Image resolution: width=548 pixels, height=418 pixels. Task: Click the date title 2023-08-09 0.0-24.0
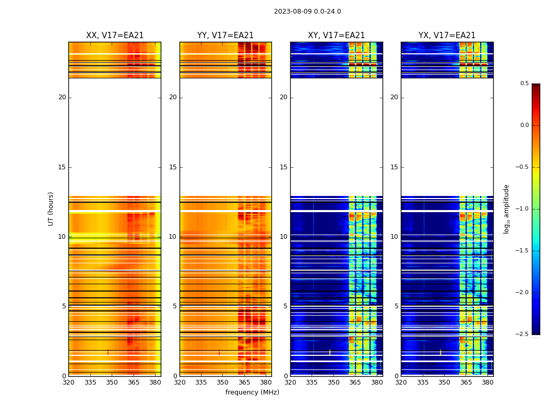coord(307,11)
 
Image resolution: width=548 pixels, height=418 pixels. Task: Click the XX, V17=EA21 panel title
coord(115,36)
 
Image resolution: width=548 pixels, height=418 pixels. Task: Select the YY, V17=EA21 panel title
coord(225,36)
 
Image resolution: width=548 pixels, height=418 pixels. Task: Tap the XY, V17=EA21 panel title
coord(336,36)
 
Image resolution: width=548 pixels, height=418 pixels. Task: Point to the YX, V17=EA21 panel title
coord(447,36)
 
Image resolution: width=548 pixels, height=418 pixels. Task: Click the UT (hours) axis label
coord(51,208)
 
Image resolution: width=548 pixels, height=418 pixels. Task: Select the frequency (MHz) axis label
coord(252,392)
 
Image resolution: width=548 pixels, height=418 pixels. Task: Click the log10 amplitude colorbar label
coord(506,208)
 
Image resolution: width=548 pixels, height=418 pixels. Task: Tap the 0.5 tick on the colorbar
coord(524,84)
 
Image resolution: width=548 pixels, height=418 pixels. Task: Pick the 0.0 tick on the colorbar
coord(524,125)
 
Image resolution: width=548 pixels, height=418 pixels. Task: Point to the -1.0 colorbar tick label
coord(522,209)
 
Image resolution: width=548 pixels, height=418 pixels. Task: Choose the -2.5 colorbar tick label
coord(522,334)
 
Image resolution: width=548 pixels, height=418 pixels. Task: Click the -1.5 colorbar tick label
coord(522,251)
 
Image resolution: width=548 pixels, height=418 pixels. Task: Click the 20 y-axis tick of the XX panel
coord(62,97)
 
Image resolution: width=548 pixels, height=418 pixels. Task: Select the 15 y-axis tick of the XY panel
coord(283,167)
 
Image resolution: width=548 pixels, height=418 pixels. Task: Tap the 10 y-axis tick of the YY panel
coord(173,237)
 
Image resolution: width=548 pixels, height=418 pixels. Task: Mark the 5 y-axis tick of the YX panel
coord(397,306)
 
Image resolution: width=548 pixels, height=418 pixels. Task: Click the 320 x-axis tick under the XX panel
coord(68,382)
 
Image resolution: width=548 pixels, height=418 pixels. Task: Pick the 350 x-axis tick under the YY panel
coord(223,382)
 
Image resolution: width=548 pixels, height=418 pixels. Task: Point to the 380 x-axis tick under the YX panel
coord(487,382)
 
